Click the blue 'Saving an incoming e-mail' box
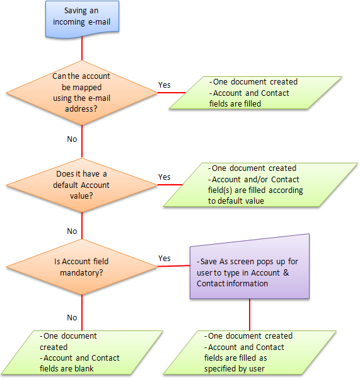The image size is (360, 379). click(82, 19)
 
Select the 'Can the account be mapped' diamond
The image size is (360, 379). click(82, 93)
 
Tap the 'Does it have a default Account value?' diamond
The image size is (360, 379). click(82, 185)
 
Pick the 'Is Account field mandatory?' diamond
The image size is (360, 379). click(82, 267)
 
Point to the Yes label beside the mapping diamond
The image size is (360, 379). click(165, 85)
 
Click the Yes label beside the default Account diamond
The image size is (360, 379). click(165, 177)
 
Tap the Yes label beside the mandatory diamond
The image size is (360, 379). click(165, 258)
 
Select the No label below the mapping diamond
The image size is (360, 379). click(72, 139)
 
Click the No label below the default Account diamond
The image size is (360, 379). click(72, 231)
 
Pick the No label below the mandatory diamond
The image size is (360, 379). click(72, 317)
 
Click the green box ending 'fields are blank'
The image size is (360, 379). click(82, 353)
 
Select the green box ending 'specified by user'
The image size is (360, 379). click(250, 353)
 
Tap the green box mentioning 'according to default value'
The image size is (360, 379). click(260, 185)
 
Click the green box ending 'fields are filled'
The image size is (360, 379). click(255, 93)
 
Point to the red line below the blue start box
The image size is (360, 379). click(82, 49)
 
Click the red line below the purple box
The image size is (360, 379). click(250, 315)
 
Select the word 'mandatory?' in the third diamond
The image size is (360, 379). click(81, 272)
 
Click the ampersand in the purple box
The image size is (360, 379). click(286, 272)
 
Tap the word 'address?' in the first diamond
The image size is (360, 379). click(81, 108)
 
